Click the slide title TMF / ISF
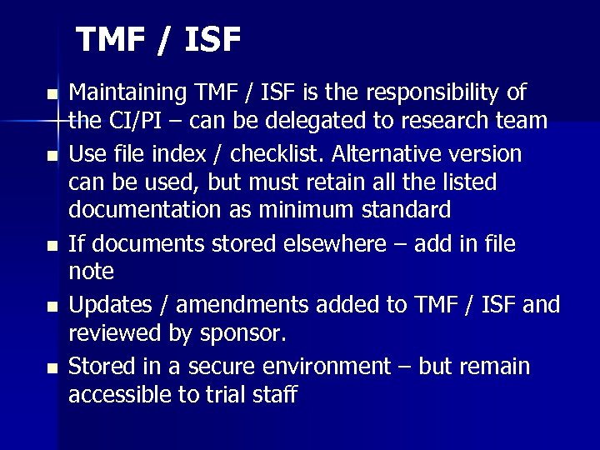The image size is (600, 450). tap(159, 40)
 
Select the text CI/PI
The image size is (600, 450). tap(135, 122)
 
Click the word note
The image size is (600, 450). tap(91, 272)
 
